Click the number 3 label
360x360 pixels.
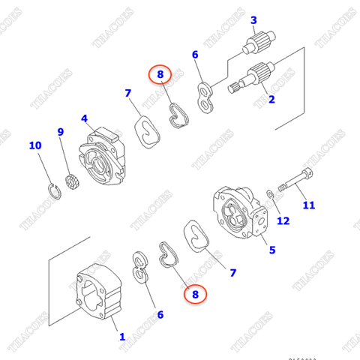pos(253,19)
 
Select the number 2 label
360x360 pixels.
pos(271,99)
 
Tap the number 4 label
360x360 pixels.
pos(84,118)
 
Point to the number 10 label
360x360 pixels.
pos(35,145)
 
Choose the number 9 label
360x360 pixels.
pos(61,133)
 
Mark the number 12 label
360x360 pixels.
pos(283,220)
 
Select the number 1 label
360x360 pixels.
pos(122,337)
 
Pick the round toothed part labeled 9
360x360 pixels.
pos(72,180)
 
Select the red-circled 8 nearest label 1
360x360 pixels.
pos(196,295)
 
